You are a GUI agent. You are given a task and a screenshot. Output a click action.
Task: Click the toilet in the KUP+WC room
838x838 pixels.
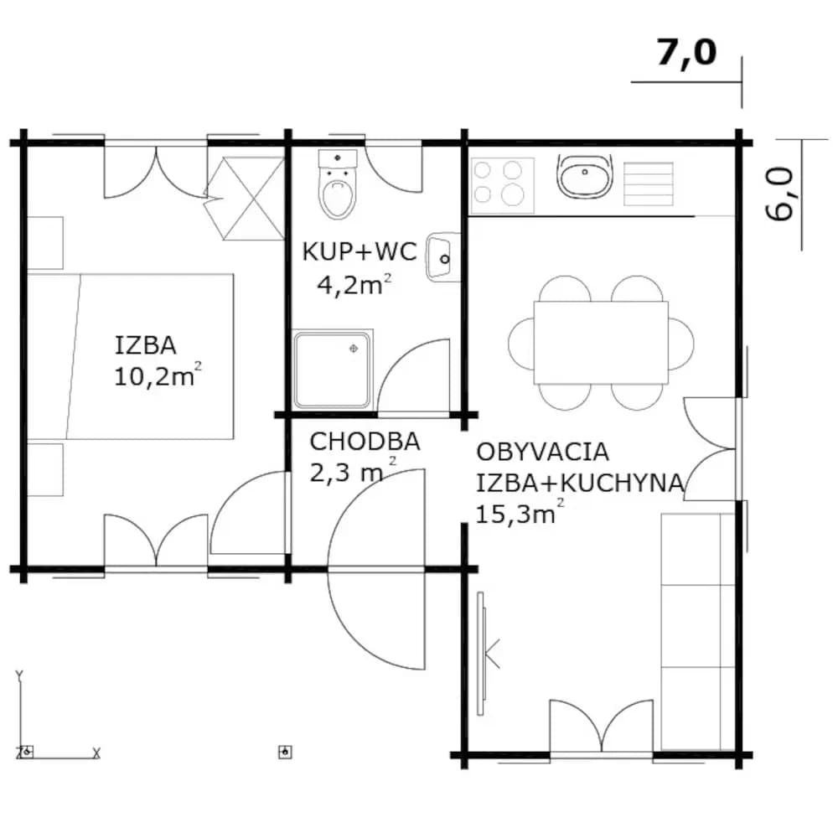pyautogui.click(x=337, y=184)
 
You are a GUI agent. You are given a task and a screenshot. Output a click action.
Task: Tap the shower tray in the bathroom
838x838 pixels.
pyautogui.click(x=332, y=370)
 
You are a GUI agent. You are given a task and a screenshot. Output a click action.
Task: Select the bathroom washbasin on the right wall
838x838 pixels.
pyautogui.click(x=442, y=257)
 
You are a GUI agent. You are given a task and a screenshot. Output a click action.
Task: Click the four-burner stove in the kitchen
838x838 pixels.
pyautogui.click(x=502, y=185)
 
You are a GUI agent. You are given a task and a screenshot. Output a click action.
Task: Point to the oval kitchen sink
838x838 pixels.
pyautogui.click(x=585, y=176)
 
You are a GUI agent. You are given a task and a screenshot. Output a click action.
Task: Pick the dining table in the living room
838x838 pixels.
pyautogui.click(x=601, y=343)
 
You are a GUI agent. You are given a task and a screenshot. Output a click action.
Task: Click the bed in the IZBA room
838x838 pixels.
pyautogui.click(x=131, y=356)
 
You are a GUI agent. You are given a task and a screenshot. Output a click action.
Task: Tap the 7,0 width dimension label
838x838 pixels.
pyautogui.click(x=686, y=53)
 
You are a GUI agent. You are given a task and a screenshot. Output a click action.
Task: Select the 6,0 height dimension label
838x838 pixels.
pyautogui.click(x=779, y=194)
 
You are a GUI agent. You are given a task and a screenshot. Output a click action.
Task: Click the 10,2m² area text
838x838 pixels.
pyautogui.click(x=158, y=375)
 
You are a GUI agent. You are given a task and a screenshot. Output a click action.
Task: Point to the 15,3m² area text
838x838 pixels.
pyautogui.click(x=519, y=513)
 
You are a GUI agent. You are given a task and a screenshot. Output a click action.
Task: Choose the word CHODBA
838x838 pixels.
pyautogui.click(x=365, y=442)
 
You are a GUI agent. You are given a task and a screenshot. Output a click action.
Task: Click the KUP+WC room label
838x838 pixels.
pyautogui.click(x=360, y=251)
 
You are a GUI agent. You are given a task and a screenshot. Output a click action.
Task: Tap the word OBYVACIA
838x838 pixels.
pyautogui.click(x=542, y=453)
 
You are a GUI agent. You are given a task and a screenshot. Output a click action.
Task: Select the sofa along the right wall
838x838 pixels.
pyautogui.click(x=698, y=632)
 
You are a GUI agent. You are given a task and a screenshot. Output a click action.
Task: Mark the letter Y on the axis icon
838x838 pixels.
pyautogui.click(x=19, y=676)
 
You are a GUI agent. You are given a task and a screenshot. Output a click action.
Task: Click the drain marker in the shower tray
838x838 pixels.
pyautogui.click(x=354, y=349)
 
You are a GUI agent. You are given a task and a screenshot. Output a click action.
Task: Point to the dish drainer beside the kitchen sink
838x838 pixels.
pyautogui.click(x=649, y=184)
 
